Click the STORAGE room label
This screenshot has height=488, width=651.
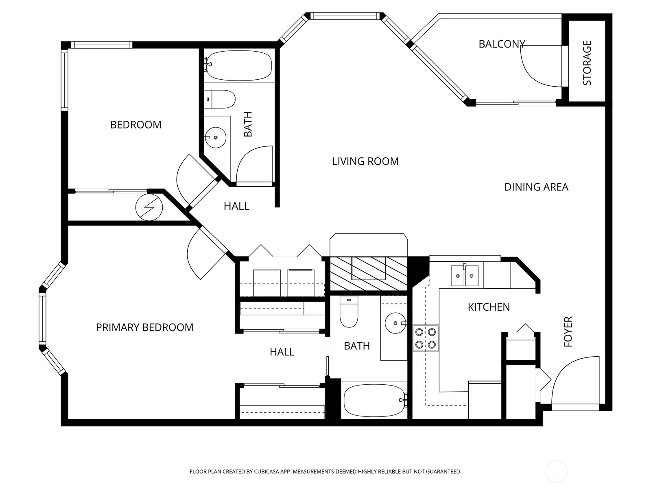tap(587, 63)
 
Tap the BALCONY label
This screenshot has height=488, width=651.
tap(501, 44)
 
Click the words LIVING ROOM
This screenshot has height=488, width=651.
tap(365, 161)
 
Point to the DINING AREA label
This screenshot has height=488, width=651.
tap(536, 187)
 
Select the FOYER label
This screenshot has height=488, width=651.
tap(568, 331)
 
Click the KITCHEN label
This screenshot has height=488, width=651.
tap(488, 307)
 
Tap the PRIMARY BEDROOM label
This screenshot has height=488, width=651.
tap(144, 327)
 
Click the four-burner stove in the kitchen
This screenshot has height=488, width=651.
tap(426, 338)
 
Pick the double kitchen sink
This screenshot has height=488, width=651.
tap(464, 276)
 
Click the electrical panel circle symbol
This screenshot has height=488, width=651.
tap(149, 207)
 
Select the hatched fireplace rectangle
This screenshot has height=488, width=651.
tap(368, 274)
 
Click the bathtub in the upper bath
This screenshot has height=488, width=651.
tap(238, 65)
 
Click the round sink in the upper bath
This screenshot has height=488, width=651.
tap(215, 137)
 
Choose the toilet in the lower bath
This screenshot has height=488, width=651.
tap(349, 312)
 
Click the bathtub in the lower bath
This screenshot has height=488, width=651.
tap(374, 401)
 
